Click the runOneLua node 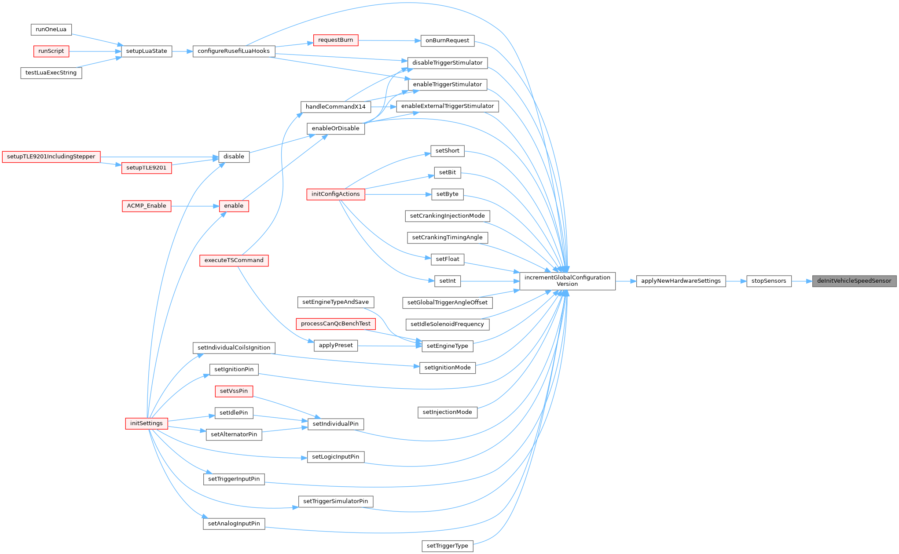[x=51, y=29]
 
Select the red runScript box [x=51, y=51]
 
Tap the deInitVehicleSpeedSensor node [x=854, y=281]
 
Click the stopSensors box [x=769, y=281]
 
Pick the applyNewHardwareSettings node [x=681, y=281]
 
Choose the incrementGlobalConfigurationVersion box [x=567, y=281]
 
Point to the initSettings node [x=147, y=423]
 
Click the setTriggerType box [x=447, y=546]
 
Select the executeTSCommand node [x=234, y=260]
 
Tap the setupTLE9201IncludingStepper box [x=51, y=157]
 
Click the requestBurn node [x=335, y=40]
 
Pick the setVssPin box [x=234, y=391]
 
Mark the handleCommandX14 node [x=335, y=107]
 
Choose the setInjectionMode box [x=447, y=412]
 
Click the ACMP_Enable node [x=147, y=206]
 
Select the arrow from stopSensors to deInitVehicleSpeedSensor [x=802, y=281]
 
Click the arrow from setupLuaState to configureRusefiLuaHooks [x=182, y=51]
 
